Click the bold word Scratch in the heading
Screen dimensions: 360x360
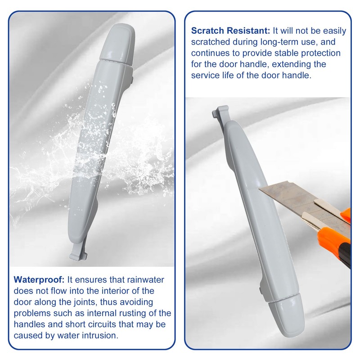point(207,31)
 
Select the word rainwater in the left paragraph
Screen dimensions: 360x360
point(145,279)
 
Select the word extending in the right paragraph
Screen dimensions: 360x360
point(290,64)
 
